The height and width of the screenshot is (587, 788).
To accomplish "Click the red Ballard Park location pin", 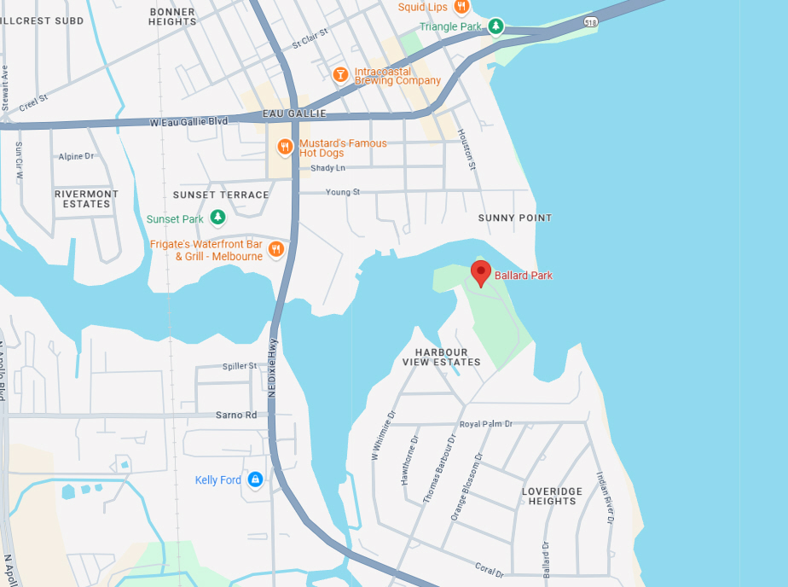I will (481, 274).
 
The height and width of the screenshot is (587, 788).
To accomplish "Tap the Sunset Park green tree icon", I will (218, 218).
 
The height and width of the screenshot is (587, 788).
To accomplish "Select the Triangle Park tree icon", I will (495, 26).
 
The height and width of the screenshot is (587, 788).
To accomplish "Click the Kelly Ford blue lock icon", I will (254, 480).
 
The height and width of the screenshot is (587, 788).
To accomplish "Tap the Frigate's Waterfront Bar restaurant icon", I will (275, 249).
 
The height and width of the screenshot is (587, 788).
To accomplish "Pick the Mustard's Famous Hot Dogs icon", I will (285, 147).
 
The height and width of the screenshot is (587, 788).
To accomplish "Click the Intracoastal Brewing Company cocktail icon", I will (339, 74).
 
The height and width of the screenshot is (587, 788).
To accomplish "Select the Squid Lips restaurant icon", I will (461, 7).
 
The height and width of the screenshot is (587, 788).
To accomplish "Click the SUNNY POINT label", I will (514, 218).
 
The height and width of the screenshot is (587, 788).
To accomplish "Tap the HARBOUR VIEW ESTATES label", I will (442, 357).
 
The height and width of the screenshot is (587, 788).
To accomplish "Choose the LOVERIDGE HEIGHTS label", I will (552, 497).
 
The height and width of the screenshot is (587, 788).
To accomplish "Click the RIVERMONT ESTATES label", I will (86, 199).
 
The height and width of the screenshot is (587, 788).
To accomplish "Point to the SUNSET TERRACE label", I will (221, 195).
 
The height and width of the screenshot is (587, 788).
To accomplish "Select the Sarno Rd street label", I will (235, 416).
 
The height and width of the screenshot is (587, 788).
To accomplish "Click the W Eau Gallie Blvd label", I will (188, 122).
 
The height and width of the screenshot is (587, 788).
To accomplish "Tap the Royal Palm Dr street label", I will (486, 424).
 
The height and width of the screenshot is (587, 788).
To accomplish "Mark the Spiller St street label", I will (240, 366).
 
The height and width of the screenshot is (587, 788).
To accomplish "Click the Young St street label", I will (343, 193).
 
